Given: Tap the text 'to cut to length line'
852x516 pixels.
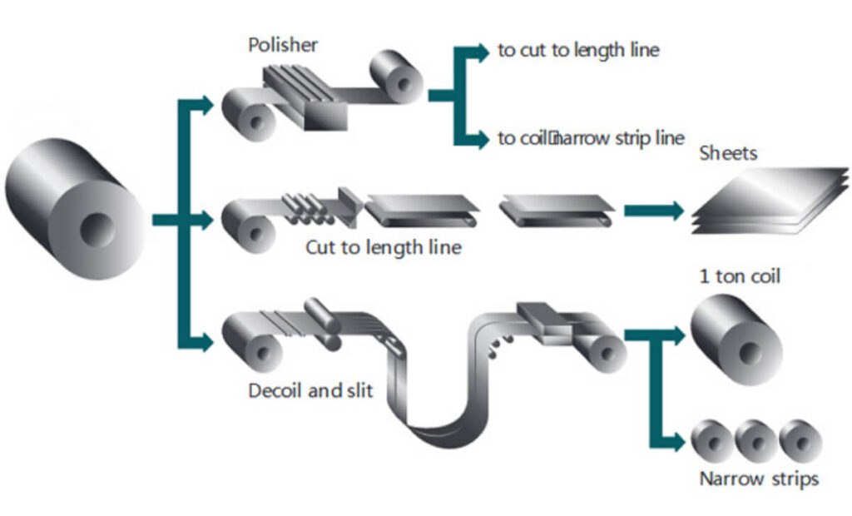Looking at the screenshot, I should [x=577, y=50].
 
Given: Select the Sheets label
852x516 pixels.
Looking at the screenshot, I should [x=728, y=153].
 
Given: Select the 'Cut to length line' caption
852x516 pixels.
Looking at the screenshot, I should [x=383, y=247].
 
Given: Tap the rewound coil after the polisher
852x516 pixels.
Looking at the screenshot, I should [x=398, y=77].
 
